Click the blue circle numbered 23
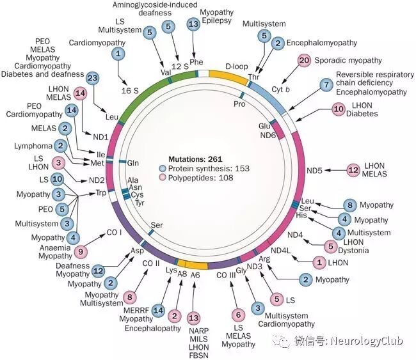[x=92, y=77]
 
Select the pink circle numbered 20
[x=304, y=60]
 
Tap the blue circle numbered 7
[x=326, y=84]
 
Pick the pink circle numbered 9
[x=80, y=251]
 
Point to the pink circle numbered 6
[x=238, y=314]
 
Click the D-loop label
[x=237, y=66]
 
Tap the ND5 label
[x=315, y=170]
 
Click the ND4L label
[x=282, y=250]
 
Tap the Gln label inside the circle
[x=133, y=163]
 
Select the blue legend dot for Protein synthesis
[x=163, y=168]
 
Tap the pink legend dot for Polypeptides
[x=163, y=179]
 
